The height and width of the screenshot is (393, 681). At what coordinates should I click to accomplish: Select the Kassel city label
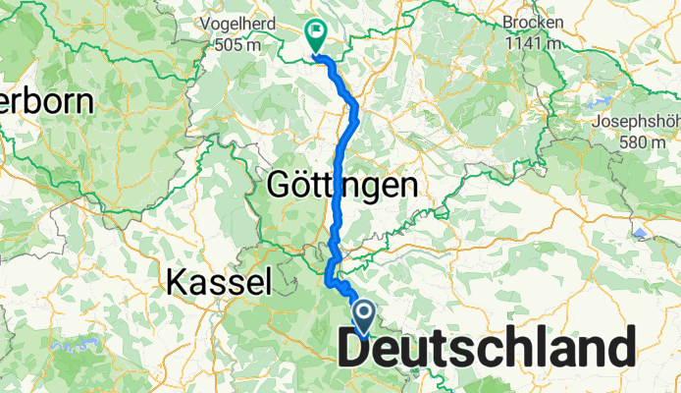pyautogui.click(x=218, y=283)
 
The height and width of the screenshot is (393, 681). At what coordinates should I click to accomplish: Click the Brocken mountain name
pyautogui.click(x=533, y=22)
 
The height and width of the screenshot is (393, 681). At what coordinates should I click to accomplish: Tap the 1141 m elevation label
pyautogui.click(x=533, y=43)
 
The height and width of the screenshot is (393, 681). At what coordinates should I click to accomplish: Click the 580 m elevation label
pyautogui.click(x=637, y=142)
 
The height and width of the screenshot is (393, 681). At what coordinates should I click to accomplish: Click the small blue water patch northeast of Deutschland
pyautogui.click(x=640, y=233)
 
